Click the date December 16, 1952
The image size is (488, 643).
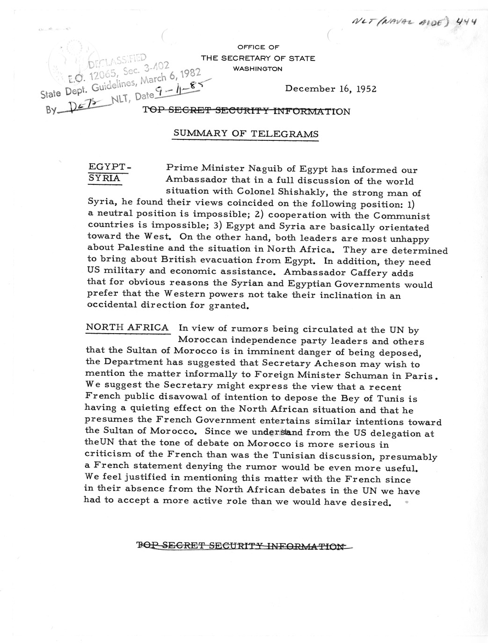click(x=331, y=89)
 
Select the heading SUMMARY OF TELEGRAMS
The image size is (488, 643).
click(x=246, y=133)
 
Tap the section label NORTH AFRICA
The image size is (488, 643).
click(x=127, y=328)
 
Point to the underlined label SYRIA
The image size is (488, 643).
click(x=104, y=179)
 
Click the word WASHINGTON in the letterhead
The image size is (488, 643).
click(x=258, y=68)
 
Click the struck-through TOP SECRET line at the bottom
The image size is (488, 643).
click(x=243, y=545)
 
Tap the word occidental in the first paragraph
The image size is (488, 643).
click(x=114, y=306)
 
